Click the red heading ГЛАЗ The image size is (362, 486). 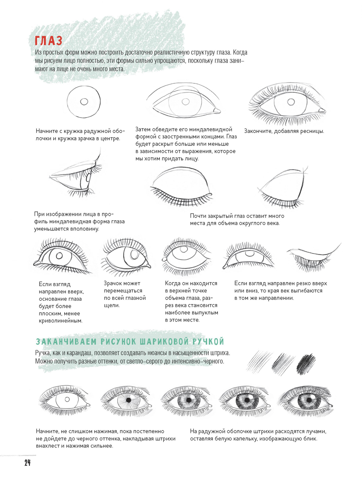tap(49, 41)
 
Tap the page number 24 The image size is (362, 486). tap(28, 462)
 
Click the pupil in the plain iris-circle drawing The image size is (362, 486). tap(84, 101)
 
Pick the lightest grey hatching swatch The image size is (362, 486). tap(259, 362)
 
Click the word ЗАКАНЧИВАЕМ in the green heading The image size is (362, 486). tap(66, 342)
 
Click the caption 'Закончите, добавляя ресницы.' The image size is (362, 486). tap(284, 131)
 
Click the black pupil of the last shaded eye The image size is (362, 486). tap(309, 400)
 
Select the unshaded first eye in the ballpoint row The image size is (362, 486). tap(64, 401)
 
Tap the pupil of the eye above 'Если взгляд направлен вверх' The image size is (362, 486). tap(59, 255)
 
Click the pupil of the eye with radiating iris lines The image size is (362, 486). tap(129, 400)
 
